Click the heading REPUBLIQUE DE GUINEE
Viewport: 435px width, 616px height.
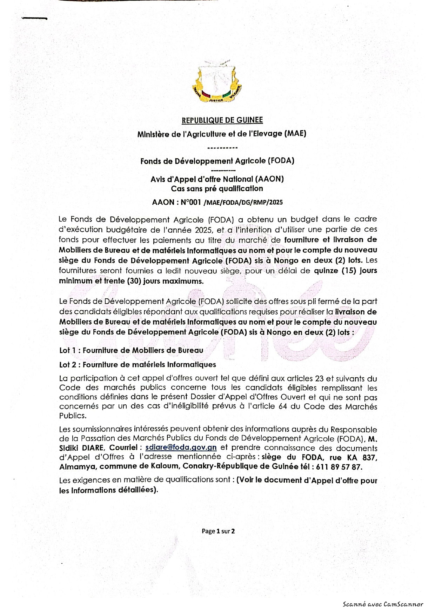coord(222,120)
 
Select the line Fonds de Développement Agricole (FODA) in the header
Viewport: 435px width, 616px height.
coord(217,161)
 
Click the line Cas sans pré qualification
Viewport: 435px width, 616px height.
coord(217,188)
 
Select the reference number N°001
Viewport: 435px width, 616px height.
coord(192,202)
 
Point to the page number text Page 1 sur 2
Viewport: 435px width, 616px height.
coord(218,531)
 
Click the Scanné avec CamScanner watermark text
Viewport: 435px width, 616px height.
coord(383,604)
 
